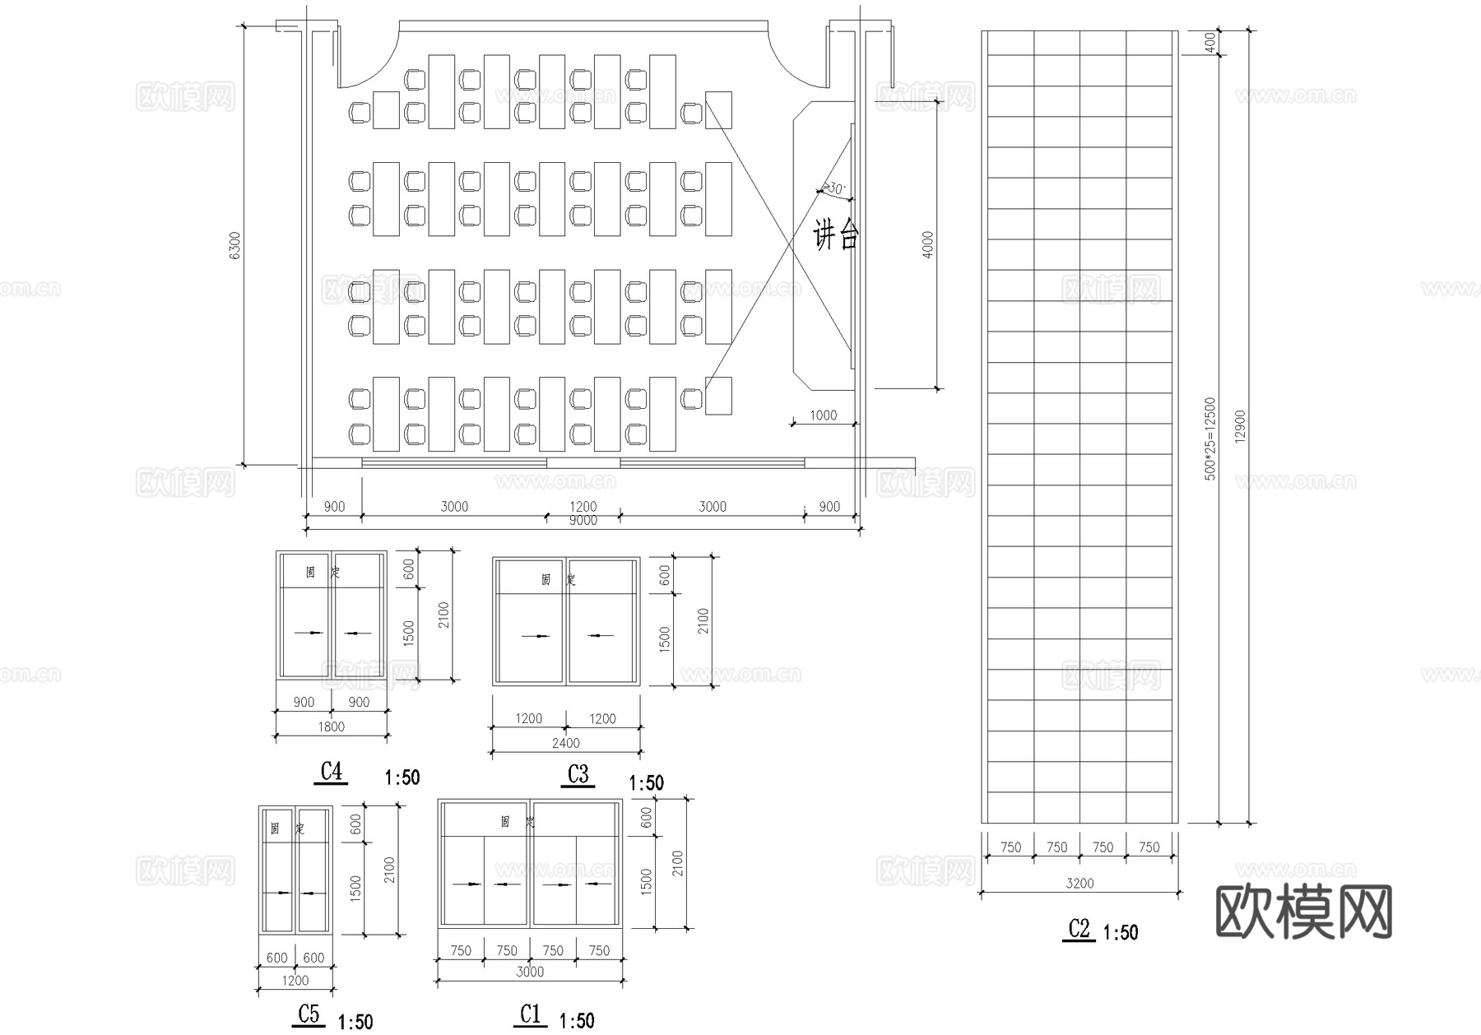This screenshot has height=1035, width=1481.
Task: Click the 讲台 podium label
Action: point(836,236)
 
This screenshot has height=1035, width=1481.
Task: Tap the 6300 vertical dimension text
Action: point(235,245)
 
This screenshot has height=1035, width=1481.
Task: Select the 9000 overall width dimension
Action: point(583,521)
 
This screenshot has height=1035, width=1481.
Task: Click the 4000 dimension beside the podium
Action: point(929,244)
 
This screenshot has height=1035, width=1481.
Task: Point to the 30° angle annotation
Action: point(834,189)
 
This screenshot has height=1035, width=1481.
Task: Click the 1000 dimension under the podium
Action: point(823,415)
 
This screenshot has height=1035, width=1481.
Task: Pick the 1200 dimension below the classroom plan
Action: point(583,506)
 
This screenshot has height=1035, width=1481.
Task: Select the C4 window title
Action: point(331,772)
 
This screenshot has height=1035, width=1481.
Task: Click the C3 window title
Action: point(578,774)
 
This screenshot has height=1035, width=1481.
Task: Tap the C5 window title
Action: point(309,1014)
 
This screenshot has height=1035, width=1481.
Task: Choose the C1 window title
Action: point(531,1014)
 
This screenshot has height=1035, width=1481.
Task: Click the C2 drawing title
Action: point(1079,929)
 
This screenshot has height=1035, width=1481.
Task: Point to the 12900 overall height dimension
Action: point(1241,426)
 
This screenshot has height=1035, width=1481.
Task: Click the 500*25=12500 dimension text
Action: point(1209,439)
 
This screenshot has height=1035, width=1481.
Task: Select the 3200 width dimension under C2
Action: point(1079,883)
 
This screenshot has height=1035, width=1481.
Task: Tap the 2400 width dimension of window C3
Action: point(565,743)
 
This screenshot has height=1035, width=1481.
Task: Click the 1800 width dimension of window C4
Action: point(331,726)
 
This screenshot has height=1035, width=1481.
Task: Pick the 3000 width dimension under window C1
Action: point(530,972)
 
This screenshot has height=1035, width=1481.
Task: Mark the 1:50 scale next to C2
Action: point(1120,932)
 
